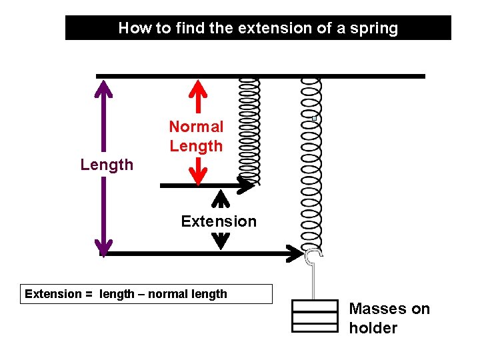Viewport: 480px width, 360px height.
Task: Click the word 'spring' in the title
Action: pos(375,28)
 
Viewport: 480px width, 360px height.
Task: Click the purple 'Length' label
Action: pos(107,165)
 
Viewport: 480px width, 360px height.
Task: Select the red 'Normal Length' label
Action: pos(196,136)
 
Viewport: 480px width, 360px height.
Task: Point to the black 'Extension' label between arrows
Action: pos(219,221)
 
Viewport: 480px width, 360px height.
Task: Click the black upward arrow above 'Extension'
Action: pos(220,199)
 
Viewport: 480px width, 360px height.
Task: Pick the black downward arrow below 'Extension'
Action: pos(220,241)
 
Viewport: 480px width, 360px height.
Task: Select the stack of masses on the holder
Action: pos(315,316)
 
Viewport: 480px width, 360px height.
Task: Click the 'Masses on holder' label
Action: pos(389,318)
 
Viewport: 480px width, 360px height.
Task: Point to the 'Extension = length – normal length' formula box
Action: pos(147,294)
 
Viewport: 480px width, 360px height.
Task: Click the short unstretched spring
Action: pos(249,131)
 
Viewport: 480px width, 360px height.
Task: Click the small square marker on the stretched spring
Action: pos(314,118)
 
